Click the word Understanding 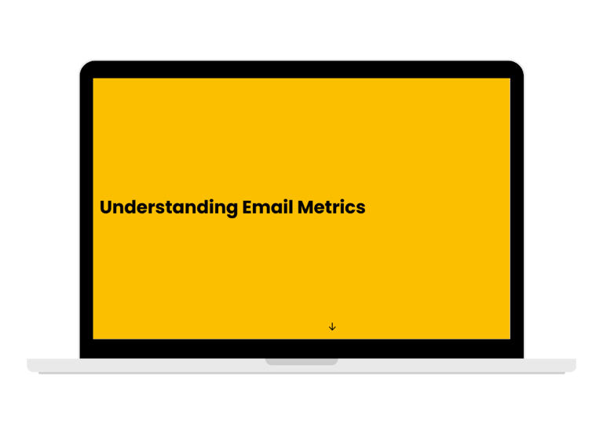[169, 208]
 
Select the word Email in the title [268, 207]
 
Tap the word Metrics [331, 207]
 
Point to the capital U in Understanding [106, 207]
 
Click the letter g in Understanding [232, 210]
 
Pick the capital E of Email [247, 207]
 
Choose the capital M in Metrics [305, 207]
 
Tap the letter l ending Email [291, 207]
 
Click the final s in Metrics [360, 209]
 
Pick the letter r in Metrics [334, 209]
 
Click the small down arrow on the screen [332, 326]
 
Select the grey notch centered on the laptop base [301, 362]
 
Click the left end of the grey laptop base [28, 365]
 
